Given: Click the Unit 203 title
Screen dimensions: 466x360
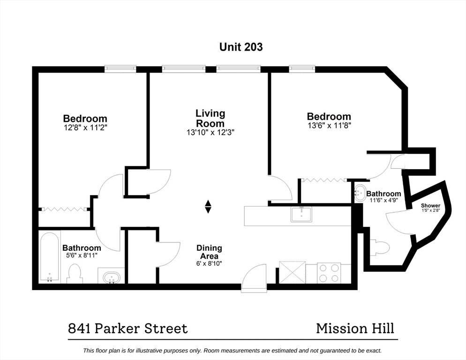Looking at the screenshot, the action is (241, 47).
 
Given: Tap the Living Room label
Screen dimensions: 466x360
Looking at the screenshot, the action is (210, 118).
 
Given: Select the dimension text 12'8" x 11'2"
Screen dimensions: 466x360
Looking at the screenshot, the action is (85, 128).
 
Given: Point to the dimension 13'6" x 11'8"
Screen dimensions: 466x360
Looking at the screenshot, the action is (329, 126).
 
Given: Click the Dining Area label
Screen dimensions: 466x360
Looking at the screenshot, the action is (209, 252).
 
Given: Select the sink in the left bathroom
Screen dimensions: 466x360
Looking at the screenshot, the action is (112, 277).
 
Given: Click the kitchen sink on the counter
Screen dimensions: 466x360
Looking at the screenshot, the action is (301, 214).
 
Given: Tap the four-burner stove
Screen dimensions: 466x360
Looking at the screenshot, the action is (329, 273).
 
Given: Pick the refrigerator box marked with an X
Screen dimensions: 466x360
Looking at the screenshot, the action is (293, 272).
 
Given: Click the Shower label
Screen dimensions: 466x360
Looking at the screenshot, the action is (431, 205).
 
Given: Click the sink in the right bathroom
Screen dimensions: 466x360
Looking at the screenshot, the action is (360, 193).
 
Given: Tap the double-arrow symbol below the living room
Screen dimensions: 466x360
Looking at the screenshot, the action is (208, 207).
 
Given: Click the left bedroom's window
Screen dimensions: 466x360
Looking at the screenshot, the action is (120, 69).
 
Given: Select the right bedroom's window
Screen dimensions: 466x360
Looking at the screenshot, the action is (301, 69).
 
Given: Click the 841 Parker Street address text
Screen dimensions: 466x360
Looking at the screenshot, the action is (128, 329).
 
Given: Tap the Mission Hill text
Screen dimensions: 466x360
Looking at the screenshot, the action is (355, 329).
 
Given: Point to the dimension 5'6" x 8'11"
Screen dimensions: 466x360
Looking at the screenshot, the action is (82, 255).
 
